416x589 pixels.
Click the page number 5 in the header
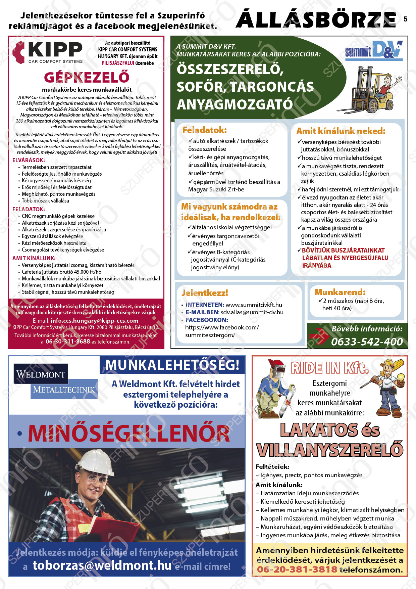click(x=405, y=19)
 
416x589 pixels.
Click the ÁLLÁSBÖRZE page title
click(x=316, y=20)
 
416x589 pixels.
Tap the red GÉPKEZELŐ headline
click(x=87, y=78)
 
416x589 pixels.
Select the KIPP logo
click(x=48, y=52)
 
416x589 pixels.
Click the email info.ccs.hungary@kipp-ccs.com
click(x=94, y=321)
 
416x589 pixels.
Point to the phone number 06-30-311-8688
click(x=68, y=342)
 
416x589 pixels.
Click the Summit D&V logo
click(x=374, y=50)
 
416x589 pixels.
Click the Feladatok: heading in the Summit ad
click(x=204, y=130)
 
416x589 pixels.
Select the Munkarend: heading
click(x=340, y=292)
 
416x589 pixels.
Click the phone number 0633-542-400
click(x=367, y=342)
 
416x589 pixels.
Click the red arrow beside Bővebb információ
click(x=318, y=336)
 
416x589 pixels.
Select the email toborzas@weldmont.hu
click(x=102, y=565)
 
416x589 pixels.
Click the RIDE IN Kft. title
click(x=329, y=368)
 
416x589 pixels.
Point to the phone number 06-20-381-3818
click(x=297, y=570)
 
